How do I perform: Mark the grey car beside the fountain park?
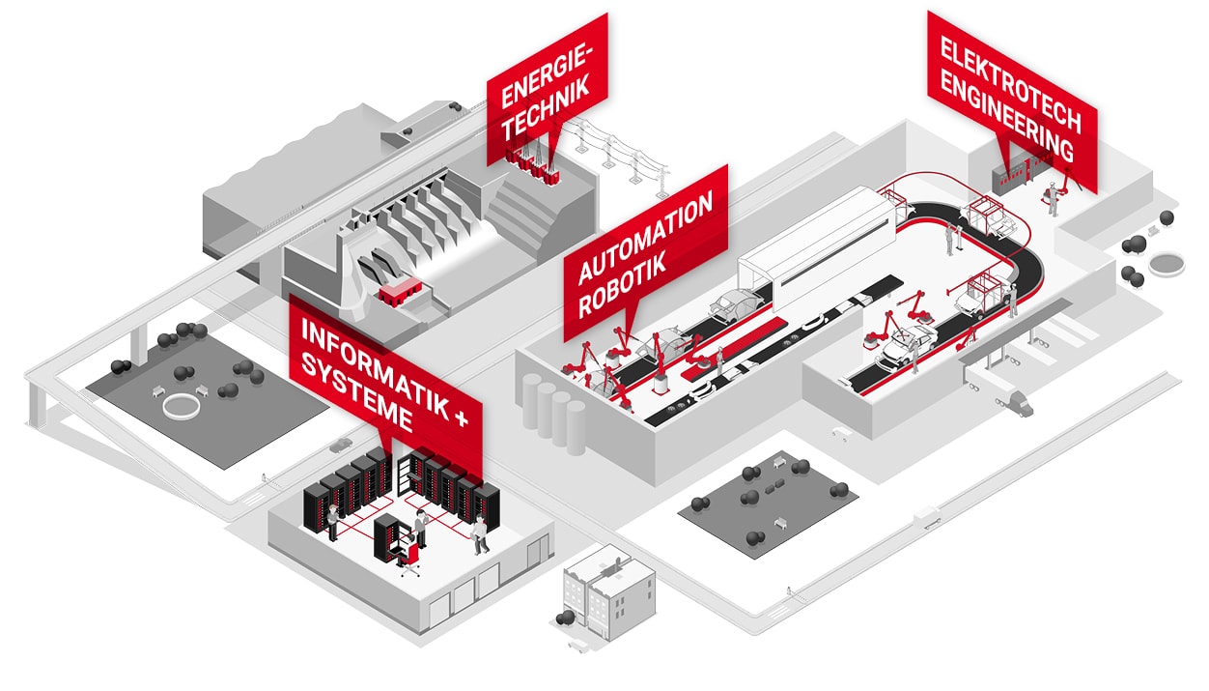339,446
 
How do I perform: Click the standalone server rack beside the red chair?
388,537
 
